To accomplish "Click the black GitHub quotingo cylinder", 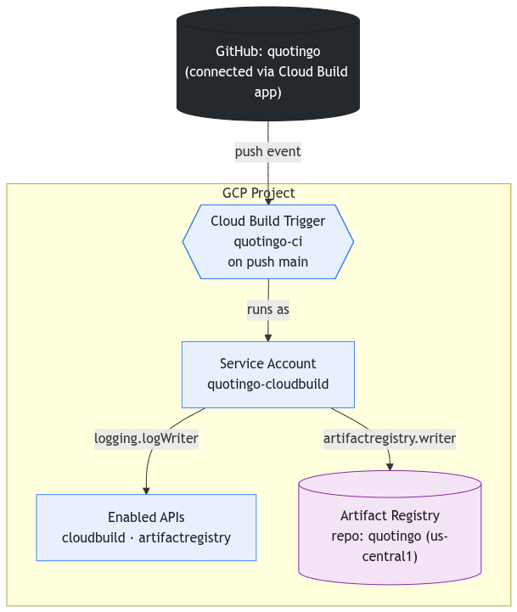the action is pos(268,64).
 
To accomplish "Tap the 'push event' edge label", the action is pos(268,152).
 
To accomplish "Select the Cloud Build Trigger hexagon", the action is pos(268,242).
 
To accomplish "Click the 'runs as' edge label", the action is pos(268,310).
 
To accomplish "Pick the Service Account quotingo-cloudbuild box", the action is pos(268,374).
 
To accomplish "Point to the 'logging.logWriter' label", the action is pos(146,439).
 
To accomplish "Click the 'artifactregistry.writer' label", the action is pos(390,439).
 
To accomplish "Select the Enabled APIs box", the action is pos(146,527).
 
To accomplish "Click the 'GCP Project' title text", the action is pos(258,193).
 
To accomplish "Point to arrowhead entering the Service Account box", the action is pos(268,338).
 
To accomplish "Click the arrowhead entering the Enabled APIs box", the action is pos(146,491).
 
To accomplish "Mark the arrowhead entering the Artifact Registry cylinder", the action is pos(390,467).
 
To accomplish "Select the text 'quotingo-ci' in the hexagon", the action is pos(268,242).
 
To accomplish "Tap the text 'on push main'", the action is pos(268,262).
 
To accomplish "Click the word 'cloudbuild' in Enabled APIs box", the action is pos(93,537).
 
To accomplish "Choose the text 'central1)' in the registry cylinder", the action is pos(390,556).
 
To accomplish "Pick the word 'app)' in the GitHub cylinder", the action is pos(268,93).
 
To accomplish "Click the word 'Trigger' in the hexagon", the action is pos(304,222).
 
